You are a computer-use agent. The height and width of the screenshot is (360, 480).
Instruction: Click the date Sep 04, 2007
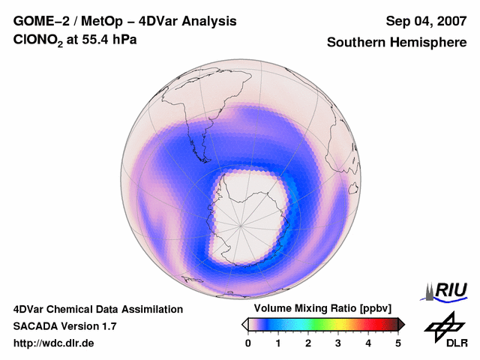[426, 21]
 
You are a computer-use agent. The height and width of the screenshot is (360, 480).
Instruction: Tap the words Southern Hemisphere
[397, 43]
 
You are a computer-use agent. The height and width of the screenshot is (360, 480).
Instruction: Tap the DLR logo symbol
[443, 326]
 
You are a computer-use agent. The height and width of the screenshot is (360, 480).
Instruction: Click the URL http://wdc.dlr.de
[54, 343]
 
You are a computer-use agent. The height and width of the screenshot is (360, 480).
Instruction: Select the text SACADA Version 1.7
[64, 326]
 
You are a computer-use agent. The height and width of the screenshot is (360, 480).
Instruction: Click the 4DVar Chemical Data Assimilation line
[97, 309]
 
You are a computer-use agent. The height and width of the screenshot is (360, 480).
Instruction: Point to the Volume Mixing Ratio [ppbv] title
[323, 309]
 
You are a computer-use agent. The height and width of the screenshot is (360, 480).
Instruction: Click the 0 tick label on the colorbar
[248, 343]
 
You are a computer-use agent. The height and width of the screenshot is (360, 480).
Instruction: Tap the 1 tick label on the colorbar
[278, 343]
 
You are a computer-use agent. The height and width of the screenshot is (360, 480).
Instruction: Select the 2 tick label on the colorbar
[308, 343]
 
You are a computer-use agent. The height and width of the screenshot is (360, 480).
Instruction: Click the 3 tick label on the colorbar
[338, 343]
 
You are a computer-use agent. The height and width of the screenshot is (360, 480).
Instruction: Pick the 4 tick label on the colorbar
[368, 343]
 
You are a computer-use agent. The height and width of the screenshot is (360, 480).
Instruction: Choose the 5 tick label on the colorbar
[398, 343]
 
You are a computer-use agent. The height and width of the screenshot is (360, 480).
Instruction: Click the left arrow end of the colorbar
[244, 324]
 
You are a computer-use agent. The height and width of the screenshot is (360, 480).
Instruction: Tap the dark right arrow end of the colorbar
[402, 324]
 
